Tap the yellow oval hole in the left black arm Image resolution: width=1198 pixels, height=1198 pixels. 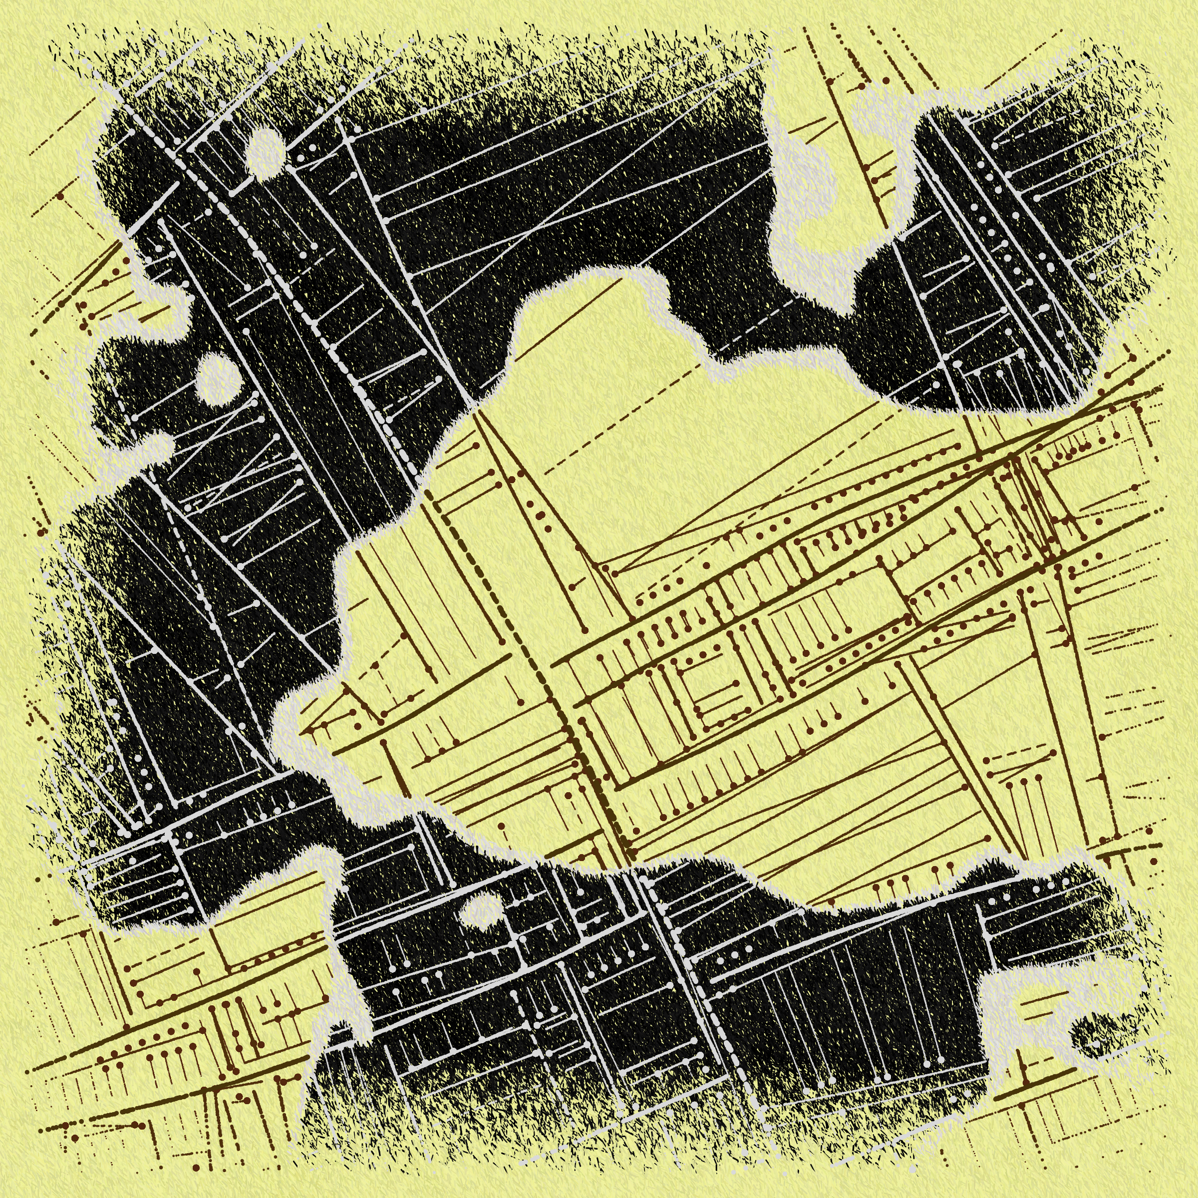[217, 379]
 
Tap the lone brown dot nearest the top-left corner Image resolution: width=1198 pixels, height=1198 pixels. [60, 197]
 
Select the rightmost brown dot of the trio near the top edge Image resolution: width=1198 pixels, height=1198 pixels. [886, 80]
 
